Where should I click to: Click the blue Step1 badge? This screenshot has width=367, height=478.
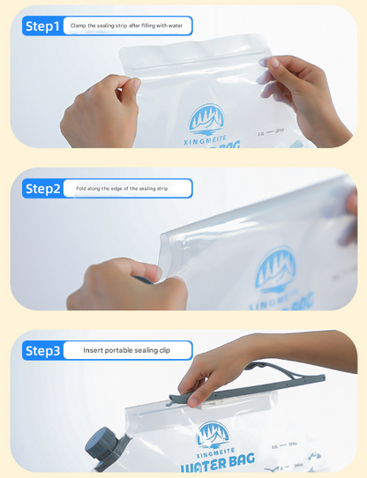[x=43, y=26]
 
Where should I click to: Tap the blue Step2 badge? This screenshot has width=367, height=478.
[x=43, y=189]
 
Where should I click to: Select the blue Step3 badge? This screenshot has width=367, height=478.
[x=43, y=351]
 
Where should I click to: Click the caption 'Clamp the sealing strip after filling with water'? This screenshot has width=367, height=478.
[x=126, y=26]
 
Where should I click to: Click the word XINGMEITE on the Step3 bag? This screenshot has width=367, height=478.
[x=212, y=451]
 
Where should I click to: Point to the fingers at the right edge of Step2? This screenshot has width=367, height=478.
[x=352, y=212]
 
